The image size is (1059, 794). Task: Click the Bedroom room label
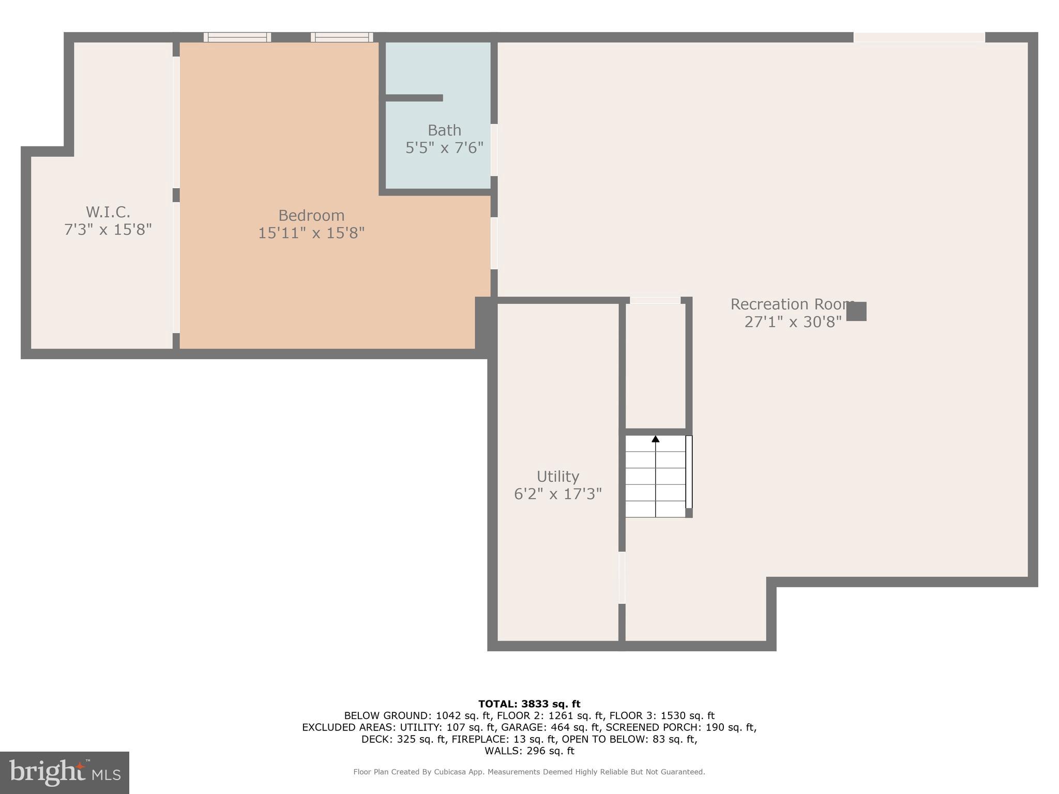(311, 215)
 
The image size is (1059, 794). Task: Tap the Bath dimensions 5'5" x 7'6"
(444, 148)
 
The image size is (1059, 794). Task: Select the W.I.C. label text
(108, 212)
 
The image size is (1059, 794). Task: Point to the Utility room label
(557, 476)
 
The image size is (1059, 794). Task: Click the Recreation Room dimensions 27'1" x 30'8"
(793, 322)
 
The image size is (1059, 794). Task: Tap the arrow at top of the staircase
(655, 439)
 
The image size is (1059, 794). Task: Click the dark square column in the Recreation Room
(856, 311)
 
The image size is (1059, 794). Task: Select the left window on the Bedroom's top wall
(237, 37)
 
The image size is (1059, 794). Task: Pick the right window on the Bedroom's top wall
(342, 37)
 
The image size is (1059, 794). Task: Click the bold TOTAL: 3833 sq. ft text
(529, 704)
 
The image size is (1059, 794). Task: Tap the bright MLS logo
(65, 772)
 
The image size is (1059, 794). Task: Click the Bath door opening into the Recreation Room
(494, 150)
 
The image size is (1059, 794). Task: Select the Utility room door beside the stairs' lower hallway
(622, 577)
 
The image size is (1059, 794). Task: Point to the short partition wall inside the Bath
(414, 98)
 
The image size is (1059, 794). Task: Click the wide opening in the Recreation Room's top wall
(919, 37)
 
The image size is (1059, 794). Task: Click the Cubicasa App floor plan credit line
(529, 772)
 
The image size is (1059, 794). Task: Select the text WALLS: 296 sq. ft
(529, 751)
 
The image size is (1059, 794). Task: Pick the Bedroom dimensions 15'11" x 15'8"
(311, 233)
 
